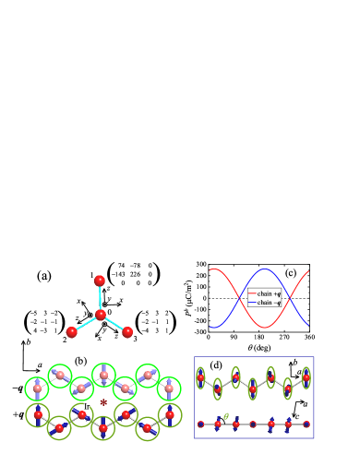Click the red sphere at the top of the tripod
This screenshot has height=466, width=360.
point(100,281)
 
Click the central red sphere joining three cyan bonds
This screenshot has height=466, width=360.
point(101,315)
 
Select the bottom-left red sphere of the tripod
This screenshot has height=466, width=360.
point(72,332)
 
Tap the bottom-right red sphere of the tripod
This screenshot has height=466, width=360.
point(127,332)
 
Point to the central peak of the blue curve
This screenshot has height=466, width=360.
point(264,270)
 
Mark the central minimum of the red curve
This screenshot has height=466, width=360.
point(264,327)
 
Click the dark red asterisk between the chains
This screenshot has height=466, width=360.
point(103,404)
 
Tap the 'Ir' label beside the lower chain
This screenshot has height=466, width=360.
point(87,406)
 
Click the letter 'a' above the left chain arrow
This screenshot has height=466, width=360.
point(40,366)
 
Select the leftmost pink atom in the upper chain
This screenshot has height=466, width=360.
point(37,388)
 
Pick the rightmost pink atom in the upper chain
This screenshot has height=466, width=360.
point(169,388)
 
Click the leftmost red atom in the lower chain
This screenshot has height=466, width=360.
point(38,415)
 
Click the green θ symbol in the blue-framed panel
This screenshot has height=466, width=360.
point(226,415)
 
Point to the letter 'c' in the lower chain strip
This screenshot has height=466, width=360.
point(295,416)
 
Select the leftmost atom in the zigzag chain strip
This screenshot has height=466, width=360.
point(200,377)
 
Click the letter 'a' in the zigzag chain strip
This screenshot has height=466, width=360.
point(298,371)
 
